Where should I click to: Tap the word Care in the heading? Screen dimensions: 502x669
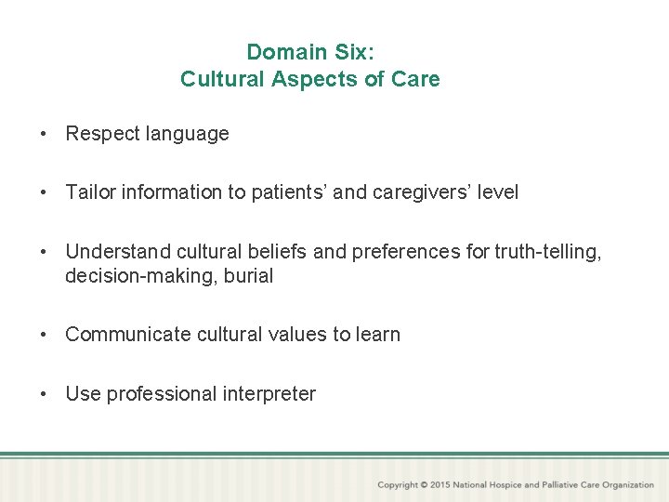point(417,79)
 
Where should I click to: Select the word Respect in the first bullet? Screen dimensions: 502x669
point(101,134)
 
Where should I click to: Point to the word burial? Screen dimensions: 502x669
point(248,276)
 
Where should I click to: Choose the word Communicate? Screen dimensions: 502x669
point(128,335)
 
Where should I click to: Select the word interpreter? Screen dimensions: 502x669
point(269,394)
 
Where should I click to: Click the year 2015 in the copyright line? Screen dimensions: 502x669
point(441,485)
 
